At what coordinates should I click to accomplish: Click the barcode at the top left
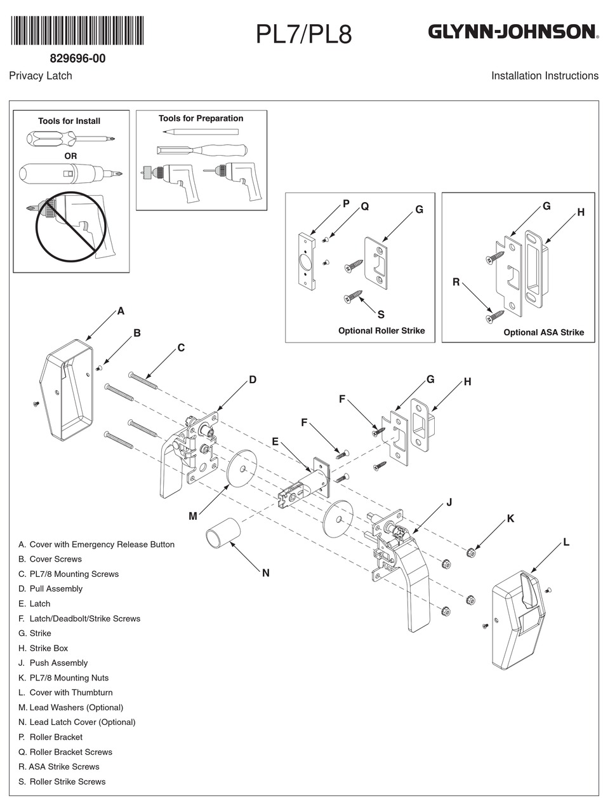[77, 30]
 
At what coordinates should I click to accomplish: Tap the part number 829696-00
[77, 58]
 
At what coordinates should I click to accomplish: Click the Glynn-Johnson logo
[512, 32]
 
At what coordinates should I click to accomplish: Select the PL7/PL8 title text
[303, 34]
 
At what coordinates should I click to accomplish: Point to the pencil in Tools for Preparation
[200, 132]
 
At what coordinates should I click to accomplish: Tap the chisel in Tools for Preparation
[201, 151]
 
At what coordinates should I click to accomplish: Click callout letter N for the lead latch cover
[265, 573]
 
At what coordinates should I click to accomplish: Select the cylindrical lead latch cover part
[222, 532]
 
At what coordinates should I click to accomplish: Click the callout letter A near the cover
[121, 311]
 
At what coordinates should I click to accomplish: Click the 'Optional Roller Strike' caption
[381, 331]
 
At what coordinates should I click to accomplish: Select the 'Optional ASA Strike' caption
[543, 332]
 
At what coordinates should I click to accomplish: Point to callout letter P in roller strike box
[346, 204]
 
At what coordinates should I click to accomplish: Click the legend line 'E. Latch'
[34, 604]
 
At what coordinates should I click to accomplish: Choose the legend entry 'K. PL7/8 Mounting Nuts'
[63, 678]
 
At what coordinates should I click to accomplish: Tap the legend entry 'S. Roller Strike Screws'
[62, 781]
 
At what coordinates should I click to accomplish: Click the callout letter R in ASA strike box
[456, 282]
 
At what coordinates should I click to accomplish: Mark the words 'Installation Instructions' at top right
[545, 76]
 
